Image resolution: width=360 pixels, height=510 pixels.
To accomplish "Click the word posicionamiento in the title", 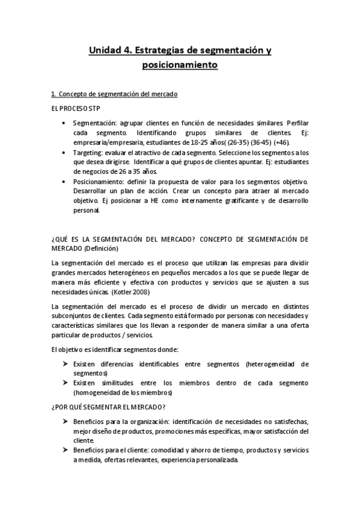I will coord(180,65).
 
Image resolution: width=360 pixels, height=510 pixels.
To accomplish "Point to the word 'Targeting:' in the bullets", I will coord(88,153).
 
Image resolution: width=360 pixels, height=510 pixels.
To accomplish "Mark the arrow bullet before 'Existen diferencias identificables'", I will coord(65,364).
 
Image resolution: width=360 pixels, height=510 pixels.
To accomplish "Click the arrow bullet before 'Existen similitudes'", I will coord(65,383).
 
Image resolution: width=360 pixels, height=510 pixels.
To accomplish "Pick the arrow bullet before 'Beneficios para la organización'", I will coord(65,422).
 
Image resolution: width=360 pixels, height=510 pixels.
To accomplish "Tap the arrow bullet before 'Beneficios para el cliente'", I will coord(65,451).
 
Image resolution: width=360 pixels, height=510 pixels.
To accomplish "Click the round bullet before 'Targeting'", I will coord(65,153).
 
